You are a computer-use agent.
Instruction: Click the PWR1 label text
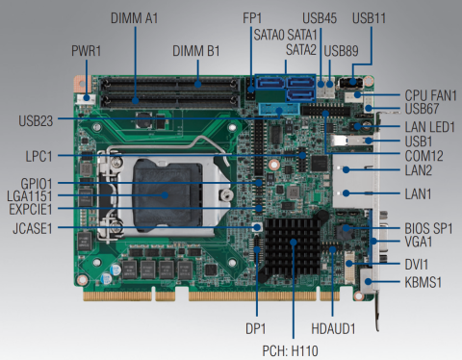pos(86,51)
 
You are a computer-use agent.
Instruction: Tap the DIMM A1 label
pos(134,18)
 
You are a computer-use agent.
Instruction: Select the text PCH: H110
pos(290,350)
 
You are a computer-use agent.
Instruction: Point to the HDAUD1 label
pos(333,328)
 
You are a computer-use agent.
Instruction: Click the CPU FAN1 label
pos(430,95)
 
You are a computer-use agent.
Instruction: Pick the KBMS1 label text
pos(423,282)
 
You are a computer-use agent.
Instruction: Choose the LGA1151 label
pos(30,196)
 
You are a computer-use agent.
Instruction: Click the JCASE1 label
pos(33,228)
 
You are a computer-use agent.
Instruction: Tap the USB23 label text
pos(36,121)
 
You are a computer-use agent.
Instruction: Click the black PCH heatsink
pos(293,247)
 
